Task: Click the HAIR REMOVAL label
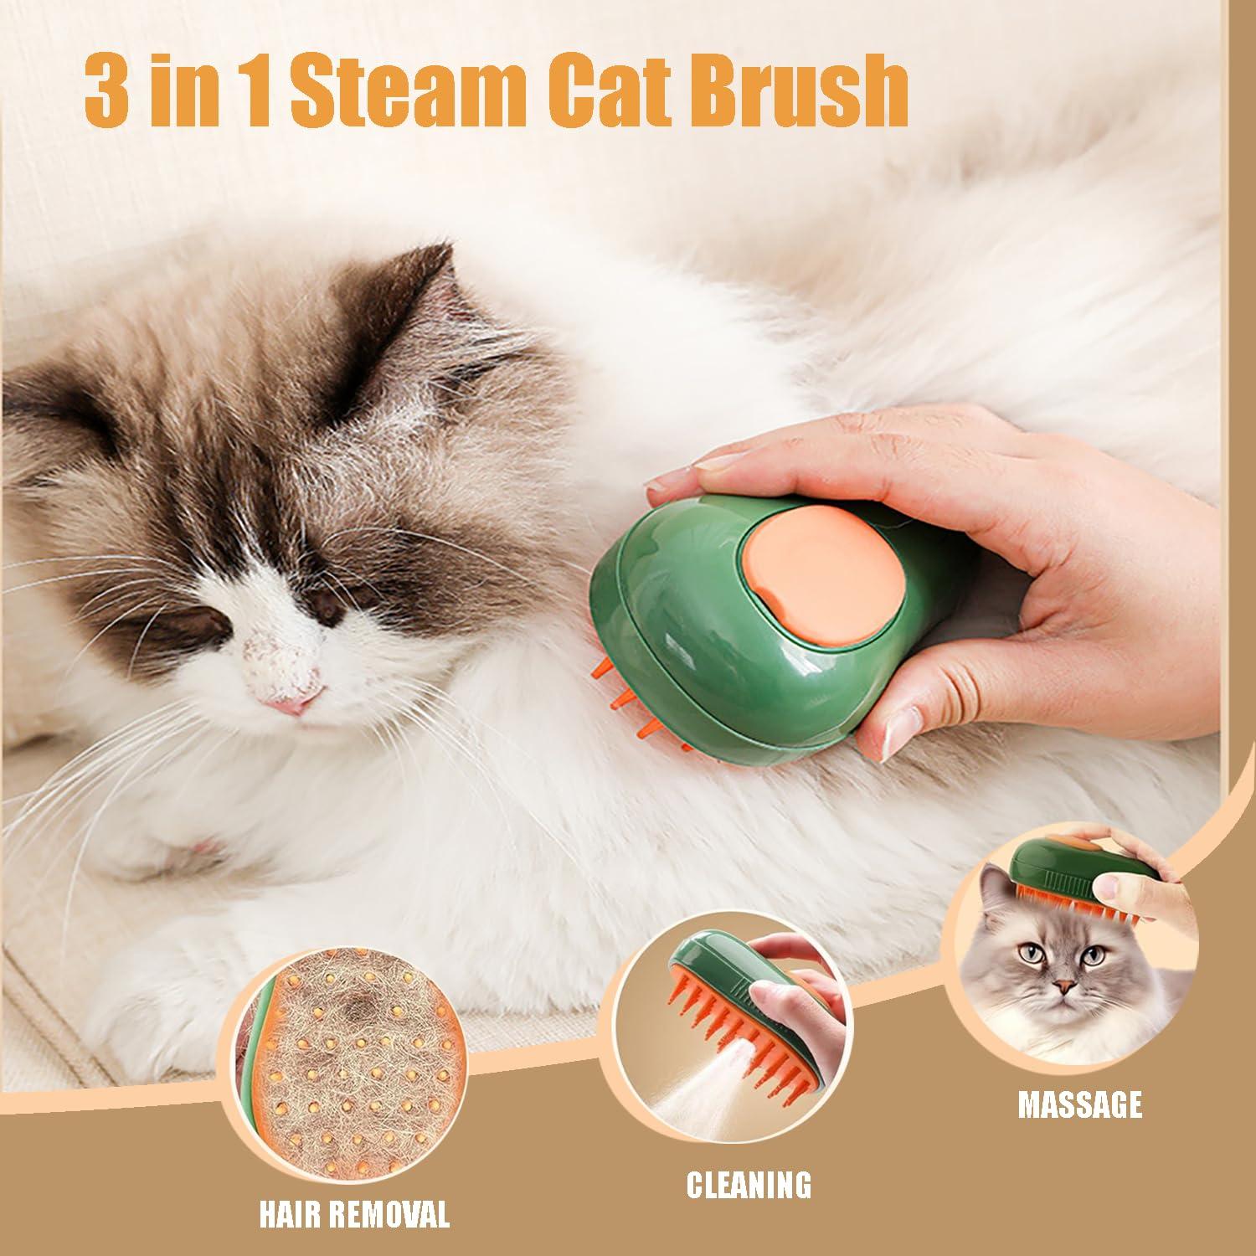click(354, 1212)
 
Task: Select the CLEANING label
click(749, 1184)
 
